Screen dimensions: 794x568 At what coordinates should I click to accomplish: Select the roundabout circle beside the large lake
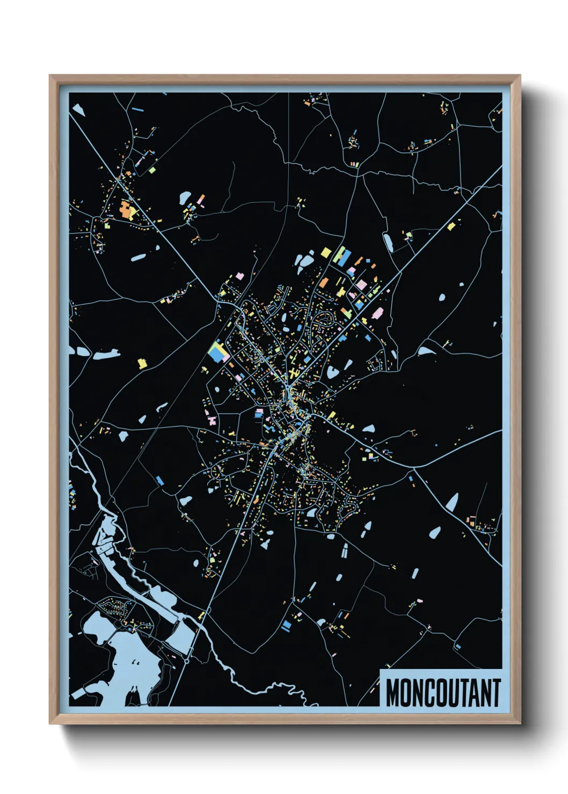[x=186, y=661]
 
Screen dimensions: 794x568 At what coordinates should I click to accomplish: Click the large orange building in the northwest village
[x=126, y=210]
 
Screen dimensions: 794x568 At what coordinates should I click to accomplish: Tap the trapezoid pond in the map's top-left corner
[x=79, y=111]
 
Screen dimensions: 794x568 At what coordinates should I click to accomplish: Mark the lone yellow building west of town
[x=142, y=363]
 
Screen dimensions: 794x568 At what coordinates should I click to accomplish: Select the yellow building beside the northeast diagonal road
[x=452, y=226]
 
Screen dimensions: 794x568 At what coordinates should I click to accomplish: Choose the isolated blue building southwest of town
[x=159, y=480]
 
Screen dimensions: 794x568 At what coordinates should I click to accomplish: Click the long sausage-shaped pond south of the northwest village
[x=139, y=258]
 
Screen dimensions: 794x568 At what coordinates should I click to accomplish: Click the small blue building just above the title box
[x=458, y=646]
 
